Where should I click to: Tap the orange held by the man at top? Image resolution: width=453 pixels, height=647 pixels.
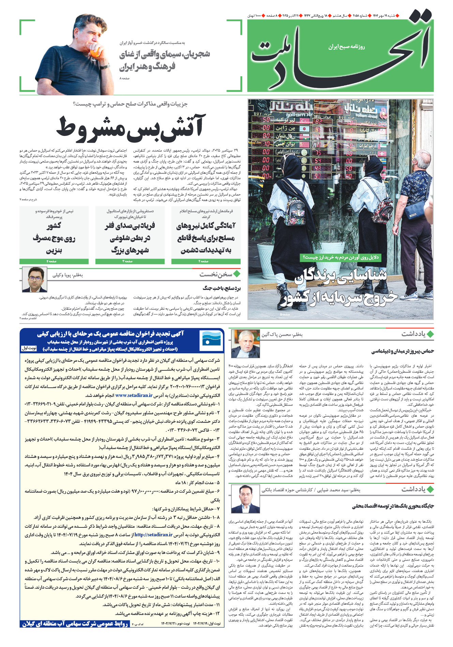96,52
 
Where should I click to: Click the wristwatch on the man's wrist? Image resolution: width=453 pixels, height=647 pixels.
105,67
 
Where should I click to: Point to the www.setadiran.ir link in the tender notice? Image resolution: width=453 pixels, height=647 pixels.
134,395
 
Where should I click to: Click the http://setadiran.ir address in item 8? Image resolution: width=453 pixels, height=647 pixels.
153,535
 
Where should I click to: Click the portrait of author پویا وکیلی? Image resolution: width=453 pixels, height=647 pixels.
34,279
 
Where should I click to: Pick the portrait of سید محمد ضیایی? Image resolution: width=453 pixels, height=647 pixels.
245,499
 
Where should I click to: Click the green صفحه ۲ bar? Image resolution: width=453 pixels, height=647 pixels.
206,261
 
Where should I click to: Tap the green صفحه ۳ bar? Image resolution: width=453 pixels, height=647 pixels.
130,261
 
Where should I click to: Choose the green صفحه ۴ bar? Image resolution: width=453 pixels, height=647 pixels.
54,261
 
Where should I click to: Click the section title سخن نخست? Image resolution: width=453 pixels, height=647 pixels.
216,274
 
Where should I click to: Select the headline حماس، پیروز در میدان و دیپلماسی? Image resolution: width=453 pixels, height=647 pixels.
402,351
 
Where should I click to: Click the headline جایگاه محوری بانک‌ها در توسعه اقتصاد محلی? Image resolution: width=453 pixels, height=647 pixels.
393,506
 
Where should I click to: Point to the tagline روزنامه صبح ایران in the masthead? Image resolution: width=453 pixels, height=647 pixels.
346,47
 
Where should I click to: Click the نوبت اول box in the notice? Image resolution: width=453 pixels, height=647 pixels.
29,348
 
